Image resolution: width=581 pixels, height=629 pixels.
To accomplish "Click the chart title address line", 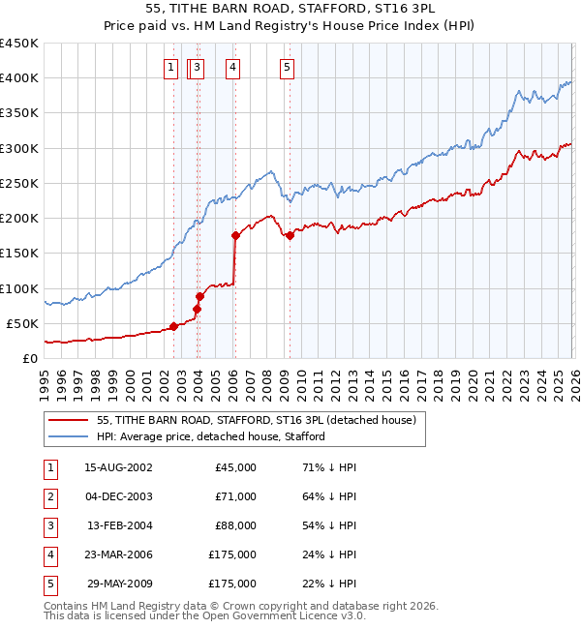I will [x=290, y=11].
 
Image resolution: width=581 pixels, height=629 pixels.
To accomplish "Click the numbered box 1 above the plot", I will [x=170, y=67].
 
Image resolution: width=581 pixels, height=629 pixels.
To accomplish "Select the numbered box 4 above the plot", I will [x=233, y=67].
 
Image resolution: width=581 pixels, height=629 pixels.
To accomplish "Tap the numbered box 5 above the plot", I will [x=289, y=67].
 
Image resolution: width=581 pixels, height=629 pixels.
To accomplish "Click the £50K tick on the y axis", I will [x=22, y=323].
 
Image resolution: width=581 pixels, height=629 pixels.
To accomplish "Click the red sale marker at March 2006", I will [x=235, y=235].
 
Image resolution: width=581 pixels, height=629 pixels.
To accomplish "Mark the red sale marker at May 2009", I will [x=290, y=235].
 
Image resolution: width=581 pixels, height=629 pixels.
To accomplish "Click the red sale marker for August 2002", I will [x=174, y=326].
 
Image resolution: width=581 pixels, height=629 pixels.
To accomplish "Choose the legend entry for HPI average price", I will [x=210, y=436].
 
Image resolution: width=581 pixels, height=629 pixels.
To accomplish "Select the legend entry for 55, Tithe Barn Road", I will [x=256, y=420].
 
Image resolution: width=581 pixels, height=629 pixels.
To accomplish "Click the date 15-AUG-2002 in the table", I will [x=118, y=467].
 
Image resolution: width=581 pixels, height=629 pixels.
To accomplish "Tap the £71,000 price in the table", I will [x=235, y=496].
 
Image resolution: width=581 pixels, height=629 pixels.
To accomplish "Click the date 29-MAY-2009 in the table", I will [x=118, y=584].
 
